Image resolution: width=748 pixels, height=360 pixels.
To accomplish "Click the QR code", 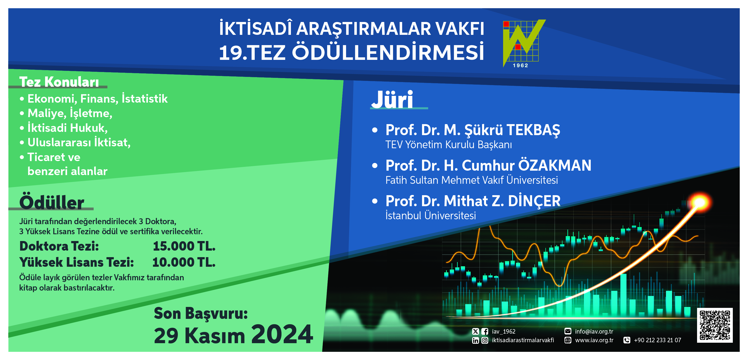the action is coord(715,325).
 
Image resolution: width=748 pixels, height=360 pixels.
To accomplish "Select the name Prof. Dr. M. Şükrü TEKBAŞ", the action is coord(473,130).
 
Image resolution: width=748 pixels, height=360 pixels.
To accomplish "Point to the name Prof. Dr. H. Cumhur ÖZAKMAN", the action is coord(488,165).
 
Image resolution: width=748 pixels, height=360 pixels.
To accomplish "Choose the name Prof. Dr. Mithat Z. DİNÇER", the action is coord(473,201).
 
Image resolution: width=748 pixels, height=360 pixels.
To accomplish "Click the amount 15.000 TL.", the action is coord(184,246).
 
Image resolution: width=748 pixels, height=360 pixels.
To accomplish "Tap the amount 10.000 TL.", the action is coord(184,262).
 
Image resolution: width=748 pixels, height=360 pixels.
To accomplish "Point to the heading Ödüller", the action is coord(52,202).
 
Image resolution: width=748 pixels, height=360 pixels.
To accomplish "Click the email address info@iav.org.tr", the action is coord(594,331).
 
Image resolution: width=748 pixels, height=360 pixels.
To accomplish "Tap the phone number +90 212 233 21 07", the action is coord(657,340).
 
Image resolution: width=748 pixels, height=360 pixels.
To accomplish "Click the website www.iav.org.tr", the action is coord(594,340).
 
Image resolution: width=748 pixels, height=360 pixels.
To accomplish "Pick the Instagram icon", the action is coord(485,340).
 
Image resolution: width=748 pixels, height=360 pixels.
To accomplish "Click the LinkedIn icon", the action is coord(475,340).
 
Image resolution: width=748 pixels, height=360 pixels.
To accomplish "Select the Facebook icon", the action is coord(485,331).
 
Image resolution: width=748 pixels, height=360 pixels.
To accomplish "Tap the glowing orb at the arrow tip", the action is coord(700,202).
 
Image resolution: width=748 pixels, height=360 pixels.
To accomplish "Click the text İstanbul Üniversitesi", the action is coord(431,216).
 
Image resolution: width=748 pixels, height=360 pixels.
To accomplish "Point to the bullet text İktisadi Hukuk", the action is coord(67,128).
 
